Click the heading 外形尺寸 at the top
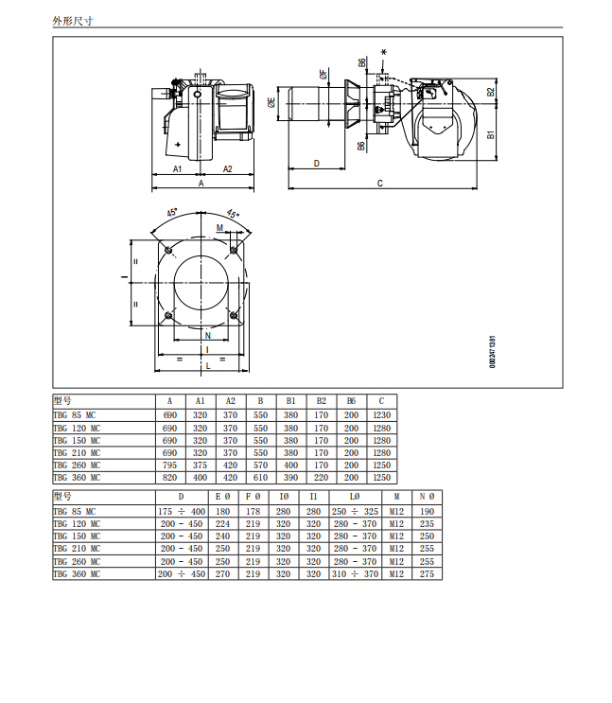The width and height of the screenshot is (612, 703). click(73, 21)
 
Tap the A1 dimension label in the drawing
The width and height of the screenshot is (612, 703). click(178, 169)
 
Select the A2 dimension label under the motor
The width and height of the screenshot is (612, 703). click(227, 169)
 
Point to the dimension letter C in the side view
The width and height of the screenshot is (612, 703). click(380, 183)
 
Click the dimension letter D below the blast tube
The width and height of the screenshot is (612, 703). click(317, 163)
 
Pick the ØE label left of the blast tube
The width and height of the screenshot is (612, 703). click(271, 103)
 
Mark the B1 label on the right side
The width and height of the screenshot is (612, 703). click(491, 134)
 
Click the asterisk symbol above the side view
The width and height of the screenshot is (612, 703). click(383, 52)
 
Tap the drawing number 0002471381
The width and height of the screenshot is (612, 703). click(492, 352)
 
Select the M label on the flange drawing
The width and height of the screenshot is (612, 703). click(219, 228)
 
